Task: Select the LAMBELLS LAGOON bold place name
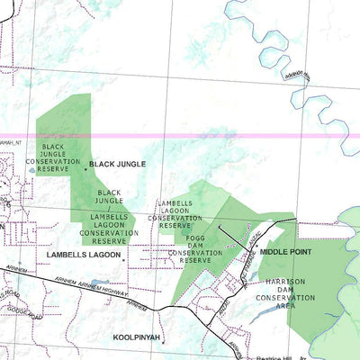(x=83, y=256)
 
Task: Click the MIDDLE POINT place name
(x=286, y=253)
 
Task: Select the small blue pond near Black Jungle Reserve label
(x=33, y=168)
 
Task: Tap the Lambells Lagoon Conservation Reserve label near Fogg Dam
(x=175, y=215)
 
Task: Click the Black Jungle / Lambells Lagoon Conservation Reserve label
(x=109, y=217)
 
